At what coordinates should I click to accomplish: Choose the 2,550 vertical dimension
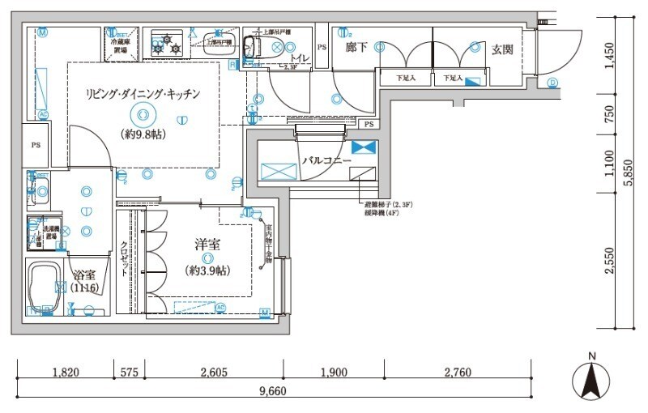click(610, 261)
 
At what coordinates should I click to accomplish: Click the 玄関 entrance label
click(502, 50)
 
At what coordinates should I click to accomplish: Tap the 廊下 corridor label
click(356, 49)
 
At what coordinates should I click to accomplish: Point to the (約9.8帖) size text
click(143, 134)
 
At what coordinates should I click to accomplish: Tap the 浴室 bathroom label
click(83, 275)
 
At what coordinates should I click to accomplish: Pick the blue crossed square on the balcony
click(364, 147)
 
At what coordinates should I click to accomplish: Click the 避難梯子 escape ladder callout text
click(394, 204)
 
